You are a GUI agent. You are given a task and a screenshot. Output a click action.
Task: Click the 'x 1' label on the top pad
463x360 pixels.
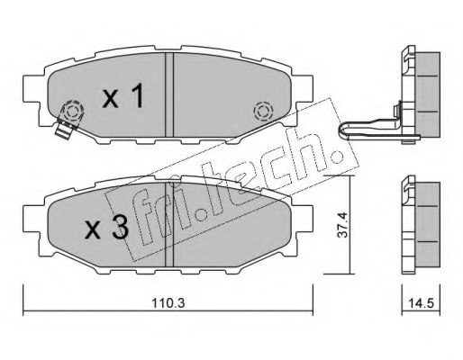click(x=123, y=98)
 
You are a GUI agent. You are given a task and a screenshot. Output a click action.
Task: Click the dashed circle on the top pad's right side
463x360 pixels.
click(x=264, y=112)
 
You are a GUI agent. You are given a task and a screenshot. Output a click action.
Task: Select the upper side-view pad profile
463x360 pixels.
click(x=416, y=90)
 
